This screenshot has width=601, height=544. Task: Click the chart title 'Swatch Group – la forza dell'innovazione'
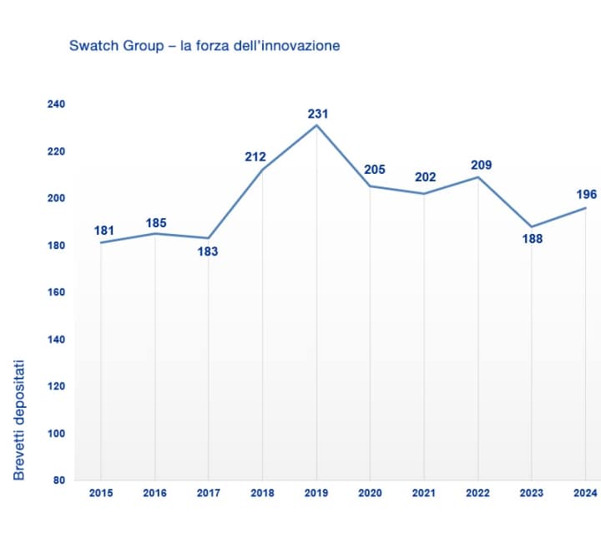(205, 46)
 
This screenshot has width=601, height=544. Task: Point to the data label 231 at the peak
(317, 114)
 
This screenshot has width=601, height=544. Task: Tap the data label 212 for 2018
(255, 156)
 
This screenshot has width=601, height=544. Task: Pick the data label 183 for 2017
(208, 251)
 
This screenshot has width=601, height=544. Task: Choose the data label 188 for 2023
(532, 239)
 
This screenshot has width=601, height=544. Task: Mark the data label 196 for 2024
(586, 195)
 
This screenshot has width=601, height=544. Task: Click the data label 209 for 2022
(481, 165)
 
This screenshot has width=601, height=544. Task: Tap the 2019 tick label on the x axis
(316, 494)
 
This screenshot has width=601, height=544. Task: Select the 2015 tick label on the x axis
(100, 494)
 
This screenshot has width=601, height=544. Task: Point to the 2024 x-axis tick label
(586, 494)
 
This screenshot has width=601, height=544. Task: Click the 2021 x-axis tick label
(424, 494)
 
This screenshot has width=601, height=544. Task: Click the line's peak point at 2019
(316, 125)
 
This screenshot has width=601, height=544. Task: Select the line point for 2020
(371, 186)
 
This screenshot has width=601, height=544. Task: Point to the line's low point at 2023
(532, 226)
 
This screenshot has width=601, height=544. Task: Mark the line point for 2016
(154, 233)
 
